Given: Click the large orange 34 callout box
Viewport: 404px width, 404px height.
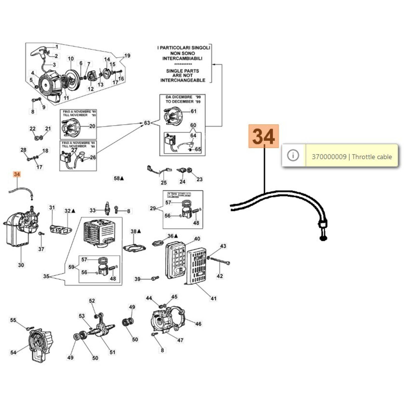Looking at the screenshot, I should click(x=264, y=136).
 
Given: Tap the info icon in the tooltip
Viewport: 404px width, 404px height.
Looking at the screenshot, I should click(x=293, y=155).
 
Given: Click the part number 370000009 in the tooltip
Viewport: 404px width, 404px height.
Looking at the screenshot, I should click(x=329, y=157).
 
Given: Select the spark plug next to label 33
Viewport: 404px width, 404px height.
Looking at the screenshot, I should click(x=107, y=208).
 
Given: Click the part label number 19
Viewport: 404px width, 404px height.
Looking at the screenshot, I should click(x=127, y=56).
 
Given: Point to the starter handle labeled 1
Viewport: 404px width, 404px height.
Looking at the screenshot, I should click(x=38, y=52).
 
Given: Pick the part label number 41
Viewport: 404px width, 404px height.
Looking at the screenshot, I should click(x=214, y=298).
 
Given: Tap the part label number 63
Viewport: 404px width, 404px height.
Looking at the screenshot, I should click(x=147, y=123).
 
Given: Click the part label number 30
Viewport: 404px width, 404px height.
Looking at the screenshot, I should click(x=21, y=265).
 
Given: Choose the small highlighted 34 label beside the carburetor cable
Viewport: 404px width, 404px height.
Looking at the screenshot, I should click(x=17, y=174).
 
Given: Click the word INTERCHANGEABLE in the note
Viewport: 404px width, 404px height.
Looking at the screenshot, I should click(x=183, y=80).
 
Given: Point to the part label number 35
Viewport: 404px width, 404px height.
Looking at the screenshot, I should click(x=46, y=276).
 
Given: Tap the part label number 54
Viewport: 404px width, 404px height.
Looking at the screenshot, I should click(x=13, y=352).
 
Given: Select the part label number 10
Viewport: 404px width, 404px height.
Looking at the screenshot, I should click(x=71, y=59).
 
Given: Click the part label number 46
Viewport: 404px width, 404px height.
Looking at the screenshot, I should click(x=198, y=324).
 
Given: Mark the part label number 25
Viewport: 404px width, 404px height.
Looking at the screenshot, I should click(x=164, y=183).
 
